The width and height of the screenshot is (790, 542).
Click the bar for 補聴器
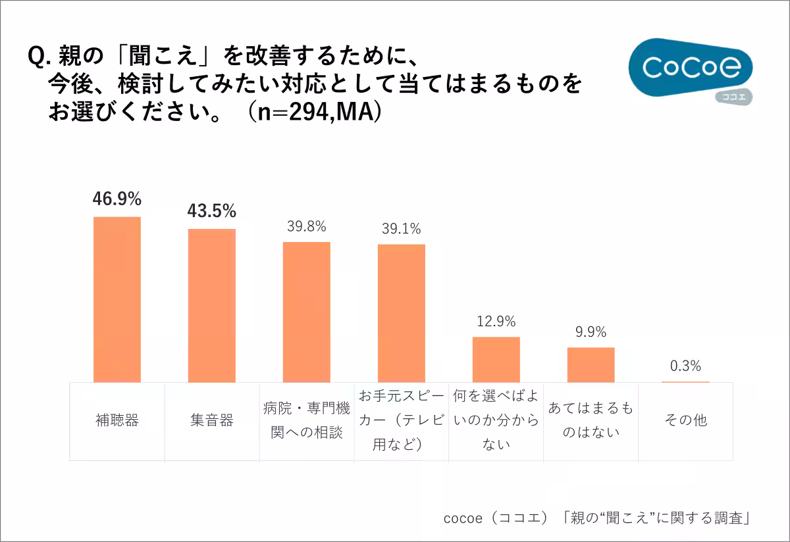117,299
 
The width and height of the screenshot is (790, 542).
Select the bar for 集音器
212,305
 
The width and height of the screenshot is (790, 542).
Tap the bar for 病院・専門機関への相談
307,312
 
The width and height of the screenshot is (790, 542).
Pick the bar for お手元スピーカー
402,313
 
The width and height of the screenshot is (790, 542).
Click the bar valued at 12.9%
496,359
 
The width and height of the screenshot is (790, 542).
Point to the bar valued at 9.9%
591,364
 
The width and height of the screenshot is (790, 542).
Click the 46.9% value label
117,199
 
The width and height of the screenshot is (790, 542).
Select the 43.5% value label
211,211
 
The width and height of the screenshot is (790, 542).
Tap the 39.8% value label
306,226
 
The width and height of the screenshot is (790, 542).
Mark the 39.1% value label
401,229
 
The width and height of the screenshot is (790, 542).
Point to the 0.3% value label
685,366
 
